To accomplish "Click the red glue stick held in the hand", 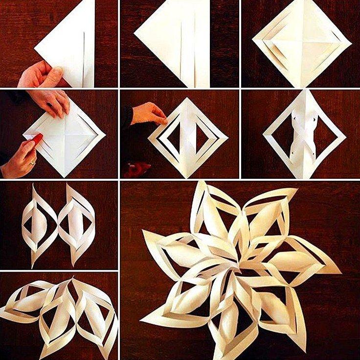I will point(37,139).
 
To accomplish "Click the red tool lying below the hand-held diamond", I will point(137,169).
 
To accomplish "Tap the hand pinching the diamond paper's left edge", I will point(147,114).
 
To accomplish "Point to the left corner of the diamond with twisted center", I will point(264,134).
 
